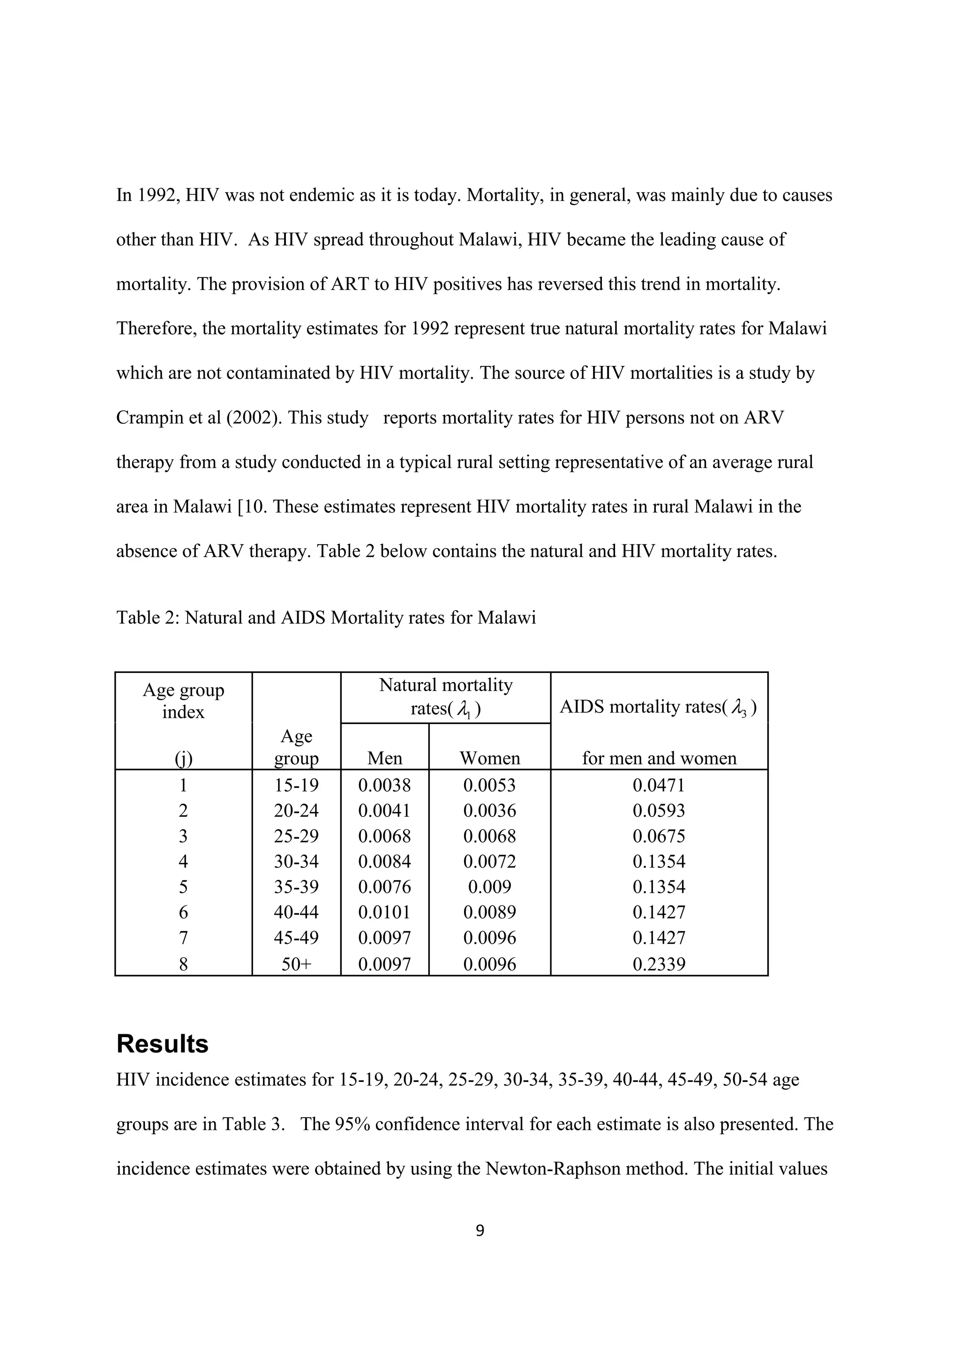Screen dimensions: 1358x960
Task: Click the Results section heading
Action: [162, 1044]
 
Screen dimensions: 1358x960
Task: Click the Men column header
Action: [384, 758]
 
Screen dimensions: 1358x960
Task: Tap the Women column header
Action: [490, 758]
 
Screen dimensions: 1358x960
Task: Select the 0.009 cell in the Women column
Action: [490, 887]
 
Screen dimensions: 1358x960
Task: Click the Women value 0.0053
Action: [490, 785]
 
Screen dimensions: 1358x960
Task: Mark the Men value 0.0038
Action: [384, 785]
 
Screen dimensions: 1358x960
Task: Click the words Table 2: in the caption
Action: [148, 618]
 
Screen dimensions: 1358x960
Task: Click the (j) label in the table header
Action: [183, 758]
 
